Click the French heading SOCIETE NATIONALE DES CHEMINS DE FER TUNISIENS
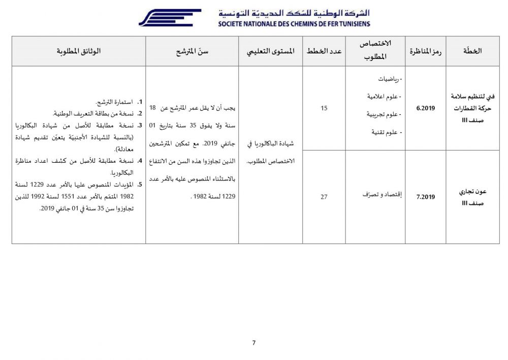[x=294, y=23]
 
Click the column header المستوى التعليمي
[x=270, y=51]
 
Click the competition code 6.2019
[x=426, y=108]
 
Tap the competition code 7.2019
[x=426, y=197]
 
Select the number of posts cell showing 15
[x=324, y=108]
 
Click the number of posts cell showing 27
[x=324, y=197]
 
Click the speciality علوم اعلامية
[x=385, y=97]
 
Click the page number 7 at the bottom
[x=254, y=342]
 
